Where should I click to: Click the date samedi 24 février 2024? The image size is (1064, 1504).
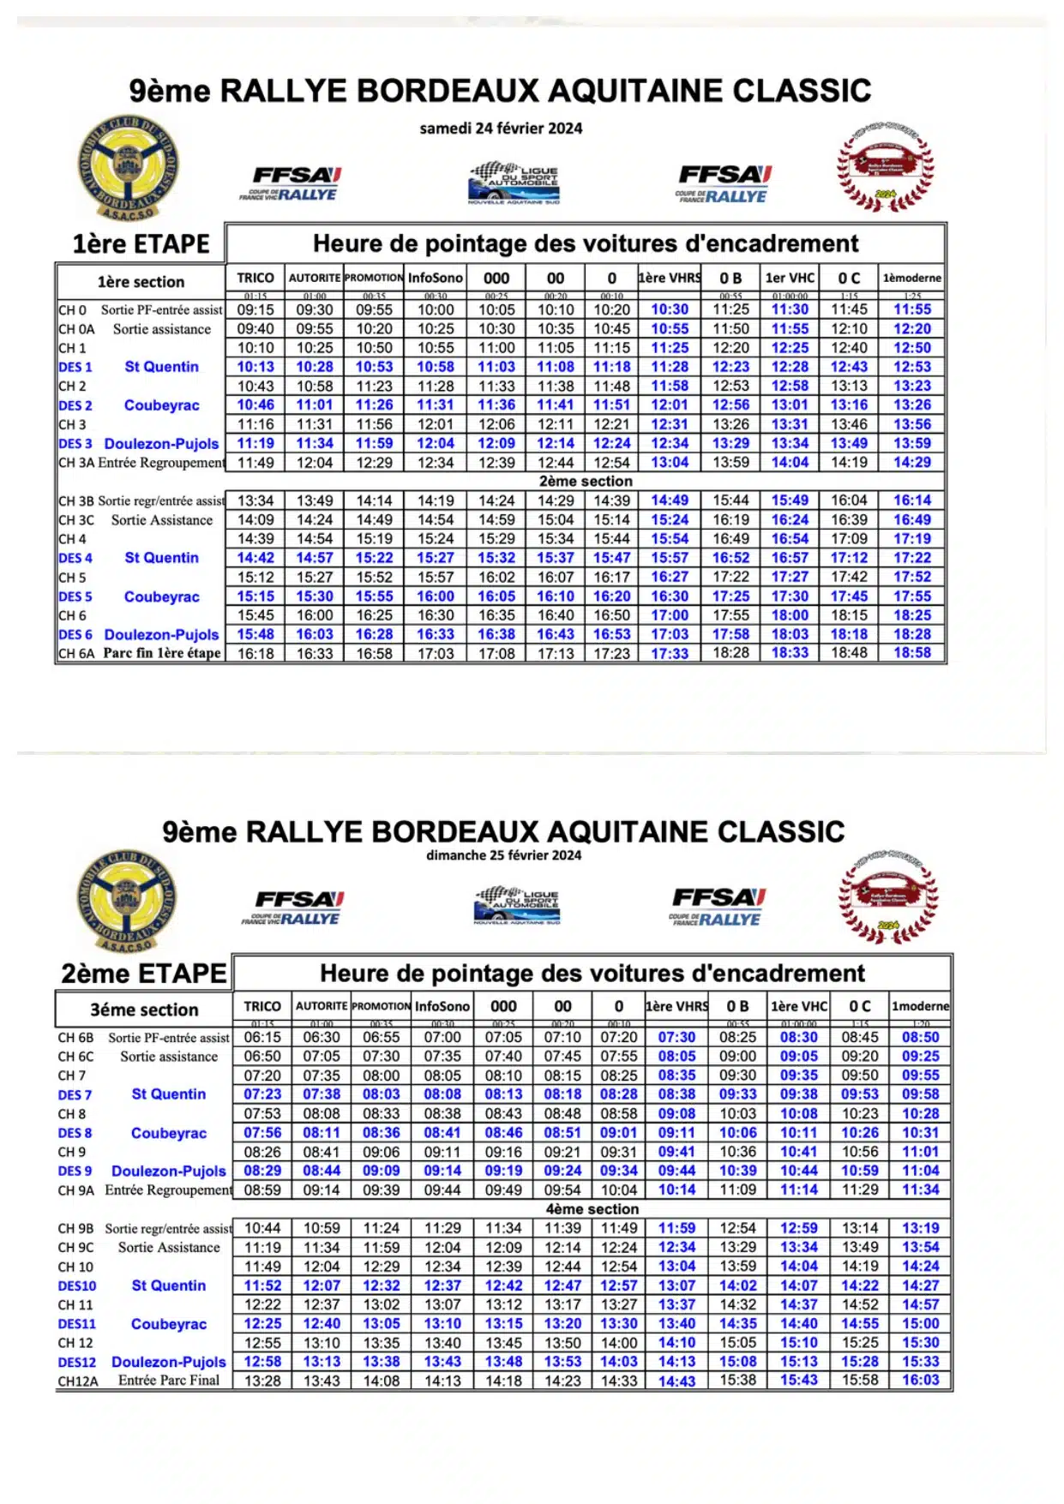click(501, 129)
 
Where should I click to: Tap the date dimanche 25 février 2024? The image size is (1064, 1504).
click(503, 855)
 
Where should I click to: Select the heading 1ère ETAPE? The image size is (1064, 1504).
click(141, 244)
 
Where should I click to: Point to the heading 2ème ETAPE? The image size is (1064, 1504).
click(143, 974)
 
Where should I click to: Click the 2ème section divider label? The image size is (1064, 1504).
click(586, 482)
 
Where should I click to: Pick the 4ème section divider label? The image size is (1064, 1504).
click(592, 1209)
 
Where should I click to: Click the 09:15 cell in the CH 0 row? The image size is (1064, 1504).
click(255, 310)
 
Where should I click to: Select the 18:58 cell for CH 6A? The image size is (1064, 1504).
click(912, 653)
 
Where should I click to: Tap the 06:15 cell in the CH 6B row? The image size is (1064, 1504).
click(262, 1037)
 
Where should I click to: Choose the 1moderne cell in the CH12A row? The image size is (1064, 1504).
click(920, 1380)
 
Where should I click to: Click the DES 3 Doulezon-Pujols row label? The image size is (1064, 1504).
click(139, 444)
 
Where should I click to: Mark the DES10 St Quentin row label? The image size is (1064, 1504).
click(133, 1285)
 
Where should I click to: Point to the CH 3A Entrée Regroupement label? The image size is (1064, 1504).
click(141, 463)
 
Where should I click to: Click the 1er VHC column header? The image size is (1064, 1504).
click(790, 278)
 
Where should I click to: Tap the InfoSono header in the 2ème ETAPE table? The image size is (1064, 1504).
click(442, 1006)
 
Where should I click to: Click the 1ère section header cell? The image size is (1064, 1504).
click(141, 282)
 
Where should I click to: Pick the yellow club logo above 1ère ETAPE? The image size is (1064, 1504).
click(128, 168)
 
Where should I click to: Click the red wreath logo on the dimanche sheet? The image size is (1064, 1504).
click(887, 898)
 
